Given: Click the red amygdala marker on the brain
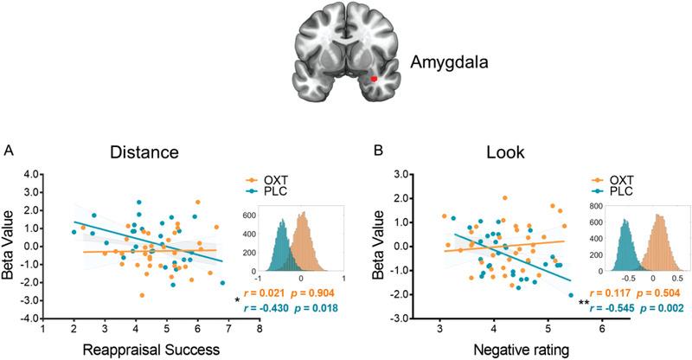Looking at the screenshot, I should pyautogui.click(x=375, y=79).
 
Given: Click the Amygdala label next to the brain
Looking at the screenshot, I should pyautogui.click(x=448, y=63).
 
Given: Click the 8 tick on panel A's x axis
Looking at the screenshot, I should pyautogui.click(x=259, y=329).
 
